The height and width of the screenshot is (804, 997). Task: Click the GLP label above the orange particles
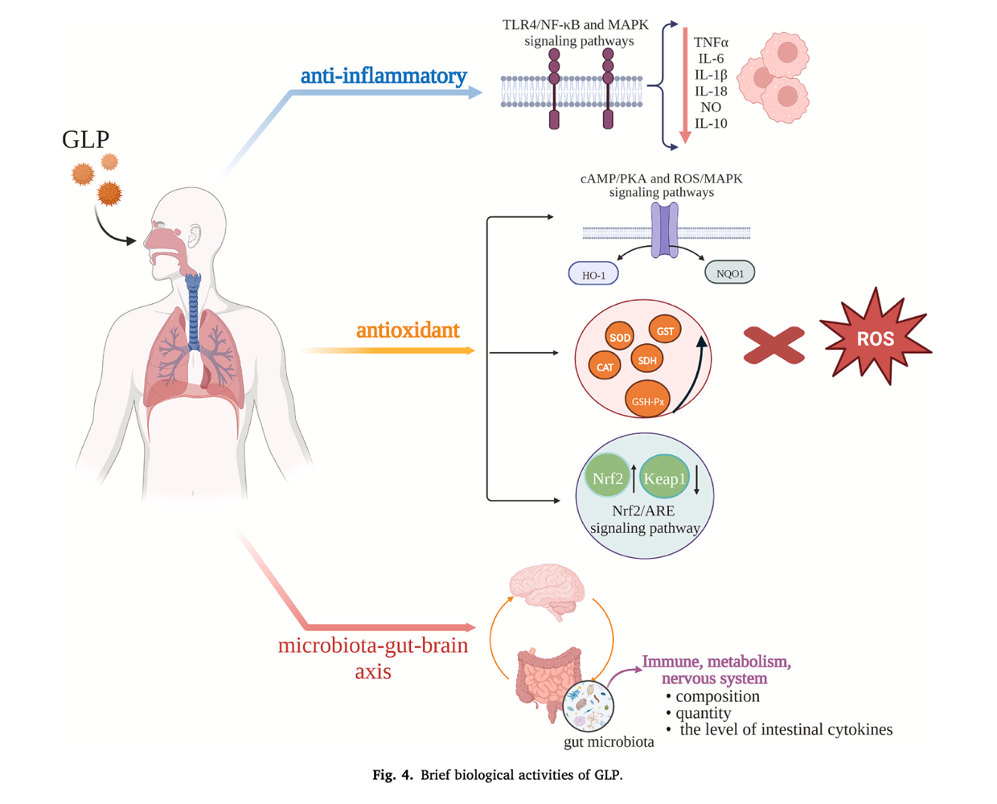pyautogui.click(x=86, y=139)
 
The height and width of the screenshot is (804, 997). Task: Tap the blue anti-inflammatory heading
pyautogui.click(x=384, y=76)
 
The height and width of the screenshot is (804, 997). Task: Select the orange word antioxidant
pyautogui.click(x=408, y=330)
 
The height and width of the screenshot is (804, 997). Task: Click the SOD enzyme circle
pyautogui.click(x=619, y=336)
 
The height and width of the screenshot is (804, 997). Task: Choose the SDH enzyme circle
pyautogui.click(x=647, y=359)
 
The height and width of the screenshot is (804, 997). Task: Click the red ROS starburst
pyautogui.click(x=875, y=338)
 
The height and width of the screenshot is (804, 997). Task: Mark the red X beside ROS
pyautogui.click(x=773, y=345)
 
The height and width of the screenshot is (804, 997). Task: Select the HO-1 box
pyautogui.click(x=593, y=273)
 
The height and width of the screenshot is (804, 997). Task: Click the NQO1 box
pyautogui.click(x=730, y=273)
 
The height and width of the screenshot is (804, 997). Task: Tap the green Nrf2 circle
pyautogui.click(x=607, y=477)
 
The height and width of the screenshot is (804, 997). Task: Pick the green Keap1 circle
pyautogui.click(x=664, y=477)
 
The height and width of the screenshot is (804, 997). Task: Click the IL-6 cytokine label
pyautogui.click(x=711, y=59)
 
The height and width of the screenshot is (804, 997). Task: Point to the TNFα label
pyautogui.click(x=711, y=42)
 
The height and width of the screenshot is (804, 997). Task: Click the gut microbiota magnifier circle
pyautogui.click(x=588, y=705)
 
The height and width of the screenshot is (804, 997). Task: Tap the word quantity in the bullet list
pyautogui.click(x=704, y=713)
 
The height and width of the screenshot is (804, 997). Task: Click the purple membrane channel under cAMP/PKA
pyautogui.click(x=664, y=230)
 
